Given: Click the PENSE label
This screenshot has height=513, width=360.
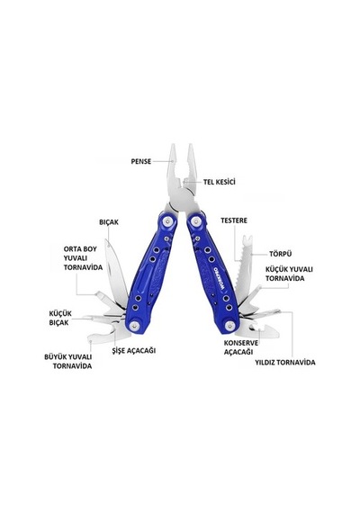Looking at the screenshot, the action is click(141, 161).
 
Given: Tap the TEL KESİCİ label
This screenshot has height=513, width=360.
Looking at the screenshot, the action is click(220, 182).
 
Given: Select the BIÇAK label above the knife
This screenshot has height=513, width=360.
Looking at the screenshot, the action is click(109, 222).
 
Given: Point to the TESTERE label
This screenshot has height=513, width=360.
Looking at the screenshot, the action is click(234, 220).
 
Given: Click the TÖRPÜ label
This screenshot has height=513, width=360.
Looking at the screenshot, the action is click(281, 254).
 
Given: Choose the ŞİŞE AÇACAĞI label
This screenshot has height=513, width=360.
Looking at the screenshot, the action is click(133, 350).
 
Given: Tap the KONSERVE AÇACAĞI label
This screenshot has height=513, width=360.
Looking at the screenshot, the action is click(241, 347).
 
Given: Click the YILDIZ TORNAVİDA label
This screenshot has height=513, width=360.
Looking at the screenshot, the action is click(285, 363).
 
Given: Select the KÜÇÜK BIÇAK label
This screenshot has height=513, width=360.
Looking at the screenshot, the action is click(60, 318).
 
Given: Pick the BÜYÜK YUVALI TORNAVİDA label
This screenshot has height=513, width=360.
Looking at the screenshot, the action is click(68, 362).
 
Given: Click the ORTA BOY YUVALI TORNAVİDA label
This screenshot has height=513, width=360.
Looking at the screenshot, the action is click(83, 258).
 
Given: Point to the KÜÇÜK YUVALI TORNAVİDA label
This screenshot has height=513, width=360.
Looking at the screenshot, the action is click(289, 274).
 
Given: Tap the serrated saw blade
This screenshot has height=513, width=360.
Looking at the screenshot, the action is click(242, 269).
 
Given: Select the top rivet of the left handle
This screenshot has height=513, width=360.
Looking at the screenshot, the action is click(168, 221).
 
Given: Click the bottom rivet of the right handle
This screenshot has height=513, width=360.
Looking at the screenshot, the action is click(229, 326).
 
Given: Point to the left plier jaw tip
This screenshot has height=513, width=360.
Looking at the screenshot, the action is click(173, 147).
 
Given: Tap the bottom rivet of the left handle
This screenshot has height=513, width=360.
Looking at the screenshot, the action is click(134, 326).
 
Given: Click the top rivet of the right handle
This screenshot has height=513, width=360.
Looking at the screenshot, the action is click(196, 220).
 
